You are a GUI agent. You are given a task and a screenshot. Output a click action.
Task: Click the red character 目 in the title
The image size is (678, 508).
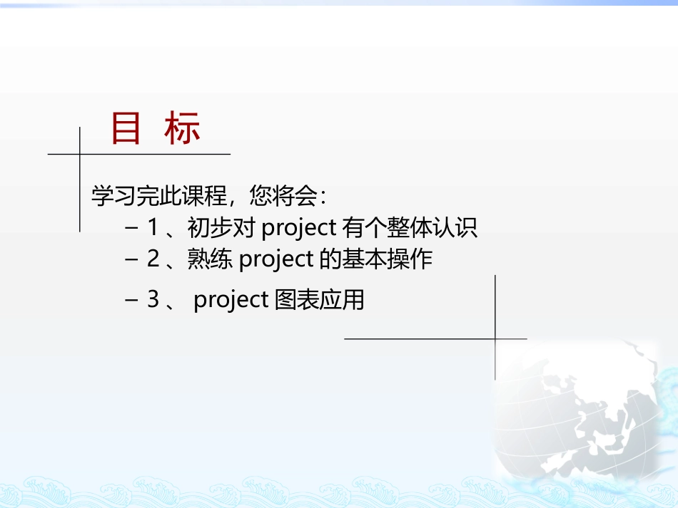coord(126,129)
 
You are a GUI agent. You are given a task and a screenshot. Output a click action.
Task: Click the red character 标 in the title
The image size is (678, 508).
coord(182,129)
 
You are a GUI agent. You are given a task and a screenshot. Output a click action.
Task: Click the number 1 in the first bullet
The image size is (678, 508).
coord(152,228)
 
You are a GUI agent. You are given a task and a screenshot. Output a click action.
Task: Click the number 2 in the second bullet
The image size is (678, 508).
coord(153,259)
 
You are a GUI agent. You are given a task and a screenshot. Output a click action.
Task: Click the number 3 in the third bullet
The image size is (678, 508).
coord(153,300)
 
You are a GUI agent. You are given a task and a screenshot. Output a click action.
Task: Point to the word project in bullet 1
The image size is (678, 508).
coord(298,228)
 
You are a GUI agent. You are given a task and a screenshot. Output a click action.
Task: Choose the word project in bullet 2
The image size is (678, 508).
coord(276,259)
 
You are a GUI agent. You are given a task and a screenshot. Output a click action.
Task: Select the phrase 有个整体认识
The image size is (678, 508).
coord(409,228)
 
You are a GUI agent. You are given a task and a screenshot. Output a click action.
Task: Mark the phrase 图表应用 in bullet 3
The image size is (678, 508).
coord(319,300)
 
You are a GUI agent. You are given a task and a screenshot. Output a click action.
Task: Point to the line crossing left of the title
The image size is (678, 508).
coord(80,154)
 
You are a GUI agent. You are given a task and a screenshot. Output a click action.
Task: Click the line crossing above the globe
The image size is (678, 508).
coord(495,338)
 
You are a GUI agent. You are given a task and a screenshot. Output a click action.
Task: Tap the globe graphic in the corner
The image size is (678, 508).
coord(592,420)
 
